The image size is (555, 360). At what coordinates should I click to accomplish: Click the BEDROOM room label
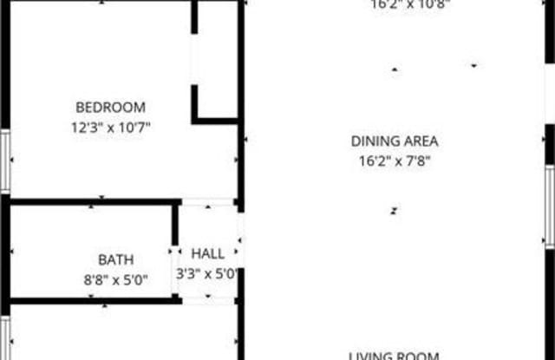click(x=110, y=108)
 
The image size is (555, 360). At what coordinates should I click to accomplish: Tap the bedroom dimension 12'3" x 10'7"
click(x=110, y=127)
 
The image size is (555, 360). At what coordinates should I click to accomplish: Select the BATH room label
click(x=115, y=259)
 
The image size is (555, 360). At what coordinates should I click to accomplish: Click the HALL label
click(x=208, y=254)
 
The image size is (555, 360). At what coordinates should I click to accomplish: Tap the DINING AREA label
click(x=395, y=141)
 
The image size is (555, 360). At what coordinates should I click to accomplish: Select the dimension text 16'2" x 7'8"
click(x=395, y=160)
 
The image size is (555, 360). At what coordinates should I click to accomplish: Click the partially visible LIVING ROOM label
click(x=395, y=355)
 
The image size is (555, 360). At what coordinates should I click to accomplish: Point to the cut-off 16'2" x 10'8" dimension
click(x=398, y=4)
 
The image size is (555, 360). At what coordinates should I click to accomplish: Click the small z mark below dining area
click(x=393, y=210)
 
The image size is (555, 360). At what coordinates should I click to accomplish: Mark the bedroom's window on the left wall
click(x=5, y=161)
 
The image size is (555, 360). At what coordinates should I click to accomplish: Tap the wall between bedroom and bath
click(x=91, y=201)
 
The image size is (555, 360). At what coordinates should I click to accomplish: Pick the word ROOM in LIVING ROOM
click(x=421, y=355)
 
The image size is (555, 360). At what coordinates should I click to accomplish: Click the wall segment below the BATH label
click(x=91, y=301)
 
